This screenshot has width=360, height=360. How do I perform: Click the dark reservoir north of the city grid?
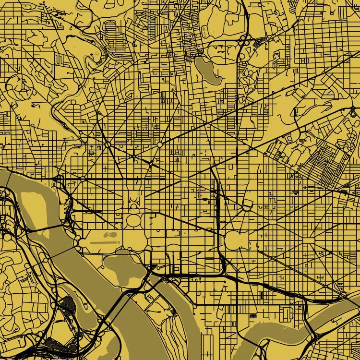207,70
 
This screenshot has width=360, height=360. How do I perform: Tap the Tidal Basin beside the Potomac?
122,266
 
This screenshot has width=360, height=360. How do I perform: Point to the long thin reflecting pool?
104,242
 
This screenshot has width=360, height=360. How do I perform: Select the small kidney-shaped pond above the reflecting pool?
110,235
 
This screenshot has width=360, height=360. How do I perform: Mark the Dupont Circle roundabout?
108,144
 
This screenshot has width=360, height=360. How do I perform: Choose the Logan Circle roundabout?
159,144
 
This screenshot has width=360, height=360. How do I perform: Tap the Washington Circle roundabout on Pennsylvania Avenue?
83,179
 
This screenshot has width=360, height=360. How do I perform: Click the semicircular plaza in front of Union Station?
248,207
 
